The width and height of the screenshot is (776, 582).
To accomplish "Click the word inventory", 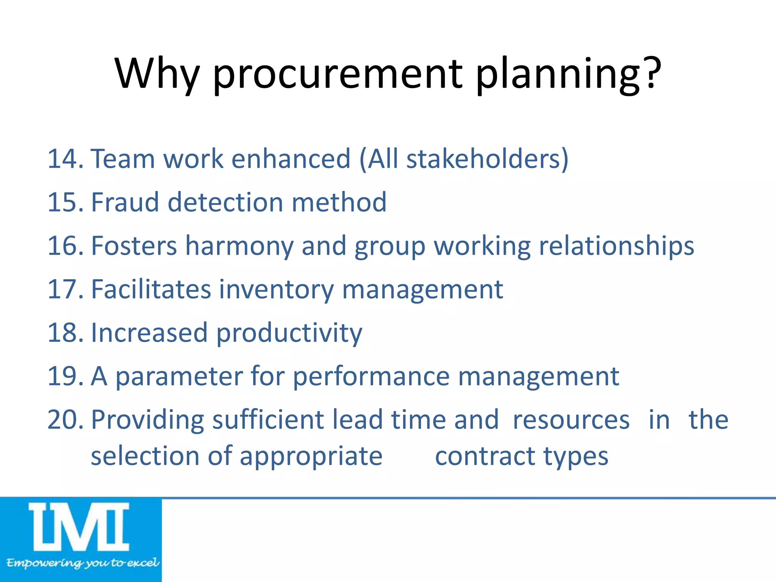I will tap(276, 290).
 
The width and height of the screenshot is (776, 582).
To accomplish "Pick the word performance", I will tap(371, 377).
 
